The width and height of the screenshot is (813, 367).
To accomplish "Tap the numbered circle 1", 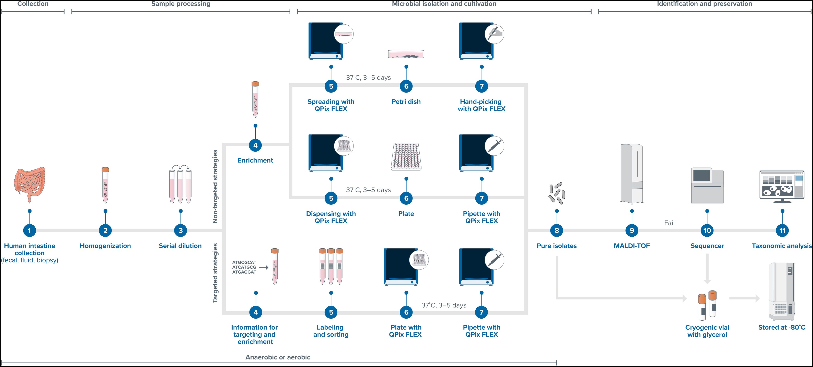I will coord(29,230).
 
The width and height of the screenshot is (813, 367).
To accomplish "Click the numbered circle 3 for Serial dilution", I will coord(181,230).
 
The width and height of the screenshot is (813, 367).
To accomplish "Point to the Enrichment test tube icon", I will coord(255,99).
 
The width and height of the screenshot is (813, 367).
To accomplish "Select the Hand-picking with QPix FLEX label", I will coord(481,105).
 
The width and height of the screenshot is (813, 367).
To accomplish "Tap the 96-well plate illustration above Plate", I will coord(406,156).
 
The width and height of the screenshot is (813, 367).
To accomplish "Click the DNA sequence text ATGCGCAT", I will coord(244,262).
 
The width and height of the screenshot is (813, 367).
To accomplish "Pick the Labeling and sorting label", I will coord(331,331).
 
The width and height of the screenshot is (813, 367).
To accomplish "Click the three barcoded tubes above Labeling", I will coord(331,266).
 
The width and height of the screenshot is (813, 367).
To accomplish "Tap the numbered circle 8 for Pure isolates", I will coord(557,230).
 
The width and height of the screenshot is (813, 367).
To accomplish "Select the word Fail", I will coord(669,223).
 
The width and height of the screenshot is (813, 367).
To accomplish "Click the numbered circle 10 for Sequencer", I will coord(707,230).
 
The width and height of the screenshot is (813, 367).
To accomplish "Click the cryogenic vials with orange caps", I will coord(707,305).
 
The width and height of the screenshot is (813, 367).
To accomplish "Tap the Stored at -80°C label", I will coord(782,327).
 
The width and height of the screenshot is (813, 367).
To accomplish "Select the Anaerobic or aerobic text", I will coord(278,357).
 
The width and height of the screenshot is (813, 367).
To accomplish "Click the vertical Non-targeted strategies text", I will coord(215,186).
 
